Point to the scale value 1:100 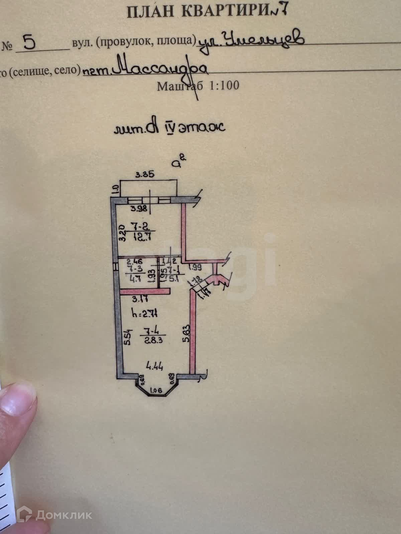[224, 85]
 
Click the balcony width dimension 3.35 [144, 174]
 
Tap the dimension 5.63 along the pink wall [186, 334]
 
